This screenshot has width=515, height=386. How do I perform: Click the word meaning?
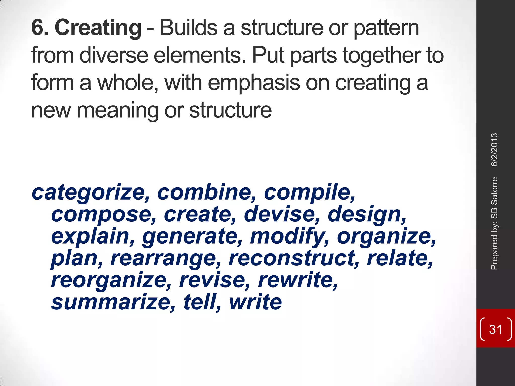point(117,111)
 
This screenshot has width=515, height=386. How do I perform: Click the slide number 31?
point(495,329)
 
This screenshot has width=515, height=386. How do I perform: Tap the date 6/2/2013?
point(494,150)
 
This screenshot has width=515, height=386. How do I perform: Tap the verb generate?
point(192,237)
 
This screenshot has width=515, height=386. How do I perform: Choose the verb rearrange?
point(166,259)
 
